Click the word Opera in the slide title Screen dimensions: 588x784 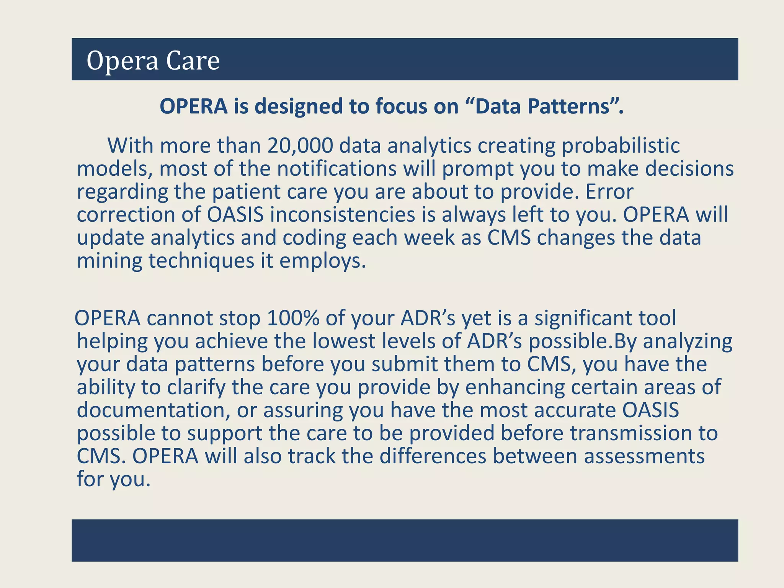[x=122, y=60]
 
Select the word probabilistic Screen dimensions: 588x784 [x=621, y=146]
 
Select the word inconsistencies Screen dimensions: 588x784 [x=343, y=215]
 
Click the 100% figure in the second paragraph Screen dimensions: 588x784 [x=293, y=318]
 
